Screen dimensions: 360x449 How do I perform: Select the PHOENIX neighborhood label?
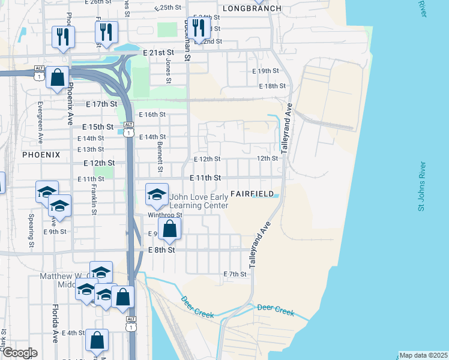click(x=41, y=154)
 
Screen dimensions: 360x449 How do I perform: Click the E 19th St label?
click(x=265, y=71)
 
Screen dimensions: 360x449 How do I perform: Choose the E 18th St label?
click(x=272, y=86)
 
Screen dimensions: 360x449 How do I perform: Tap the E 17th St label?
click(x=101, y=104)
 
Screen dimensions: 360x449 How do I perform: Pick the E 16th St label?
click(x=152, y=114)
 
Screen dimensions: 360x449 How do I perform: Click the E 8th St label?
click(x=161, y=250)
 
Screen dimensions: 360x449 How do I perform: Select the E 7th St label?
click(x=235, y=274)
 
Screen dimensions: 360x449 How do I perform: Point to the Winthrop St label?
click(x=164, y=215)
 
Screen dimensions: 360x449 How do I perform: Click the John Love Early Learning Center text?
click(x=199, y=201)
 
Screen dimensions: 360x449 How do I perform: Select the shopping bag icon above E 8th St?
click(x=170, y=228)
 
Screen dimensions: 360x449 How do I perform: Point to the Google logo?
click(x=19, y=353)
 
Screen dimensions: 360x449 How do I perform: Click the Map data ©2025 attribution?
click(x=423, y=355)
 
